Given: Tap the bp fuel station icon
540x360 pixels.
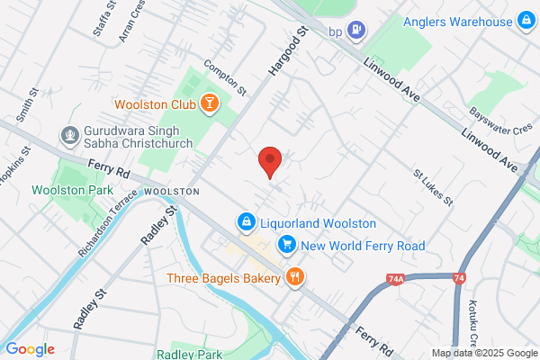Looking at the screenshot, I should tap(357, 31).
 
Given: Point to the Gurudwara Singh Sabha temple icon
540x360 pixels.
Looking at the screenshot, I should tap(67, 136).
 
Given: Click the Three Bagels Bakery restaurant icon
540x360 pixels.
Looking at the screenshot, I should tap(293, 277).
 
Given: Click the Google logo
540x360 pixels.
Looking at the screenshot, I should tap(30, 349).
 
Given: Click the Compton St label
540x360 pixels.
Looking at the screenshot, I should tap(224, 77).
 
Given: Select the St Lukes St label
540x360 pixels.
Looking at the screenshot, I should tap(430, 184).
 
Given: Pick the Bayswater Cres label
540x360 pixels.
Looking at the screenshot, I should tap(501, 121).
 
